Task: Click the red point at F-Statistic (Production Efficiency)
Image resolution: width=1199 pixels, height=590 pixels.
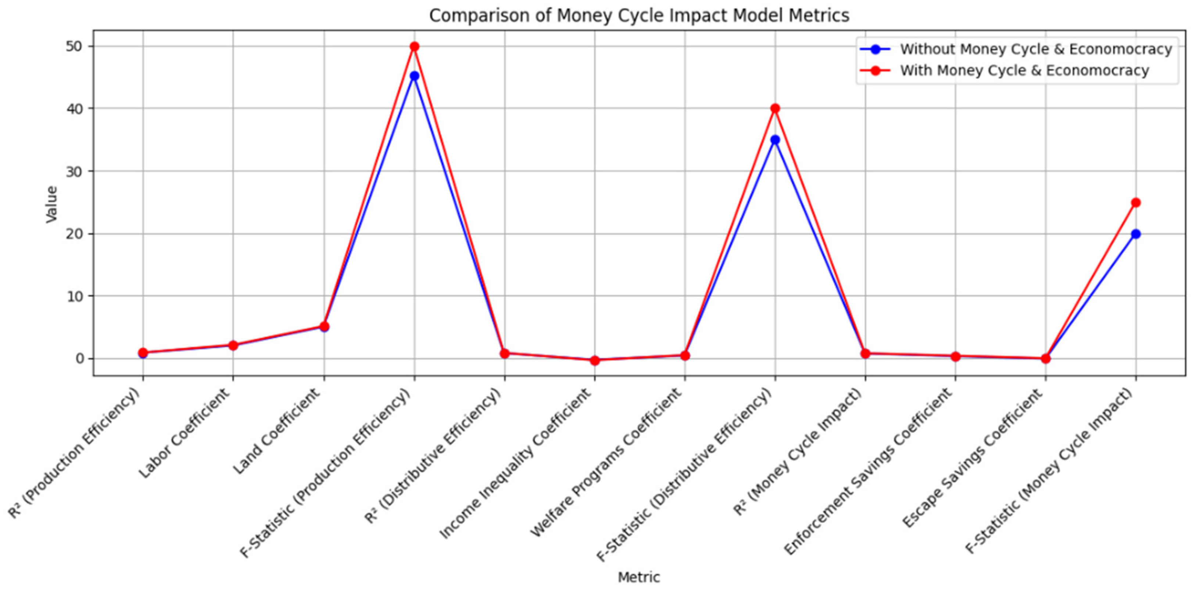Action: (x=414, y=47)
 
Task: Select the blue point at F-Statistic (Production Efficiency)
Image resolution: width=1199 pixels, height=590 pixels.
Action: (x=414, y=76)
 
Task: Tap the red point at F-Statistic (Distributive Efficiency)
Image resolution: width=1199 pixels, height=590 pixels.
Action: (x=775, y=108)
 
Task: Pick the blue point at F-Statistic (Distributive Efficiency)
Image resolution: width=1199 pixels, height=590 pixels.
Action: (x=775, y=140)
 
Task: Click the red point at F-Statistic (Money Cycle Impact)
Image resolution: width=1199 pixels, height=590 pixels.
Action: (x=1136, y=203)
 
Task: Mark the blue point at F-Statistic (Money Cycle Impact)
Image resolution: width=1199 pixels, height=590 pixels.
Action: (x=1136, y=234)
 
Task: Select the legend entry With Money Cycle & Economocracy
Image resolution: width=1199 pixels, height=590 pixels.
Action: (x=1024, y=70)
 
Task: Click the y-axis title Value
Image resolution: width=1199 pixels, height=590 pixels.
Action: (x=51, y=204)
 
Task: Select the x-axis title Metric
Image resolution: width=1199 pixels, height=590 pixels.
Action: (x=638, y=578)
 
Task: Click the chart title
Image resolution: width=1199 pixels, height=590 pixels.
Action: (x=638, y=15)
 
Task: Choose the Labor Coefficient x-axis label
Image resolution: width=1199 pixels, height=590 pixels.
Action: (x=185, y=433)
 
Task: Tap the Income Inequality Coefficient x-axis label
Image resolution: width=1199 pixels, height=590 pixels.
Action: (x=516, y=463)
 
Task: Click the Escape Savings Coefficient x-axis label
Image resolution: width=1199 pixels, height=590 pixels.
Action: (x=973, y=459)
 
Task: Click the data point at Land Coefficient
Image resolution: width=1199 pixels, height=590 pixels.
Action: (x=324, y=326)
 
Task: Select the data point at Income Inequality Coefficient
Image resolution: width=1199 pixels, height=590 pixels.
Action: (x=594, y=360)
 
